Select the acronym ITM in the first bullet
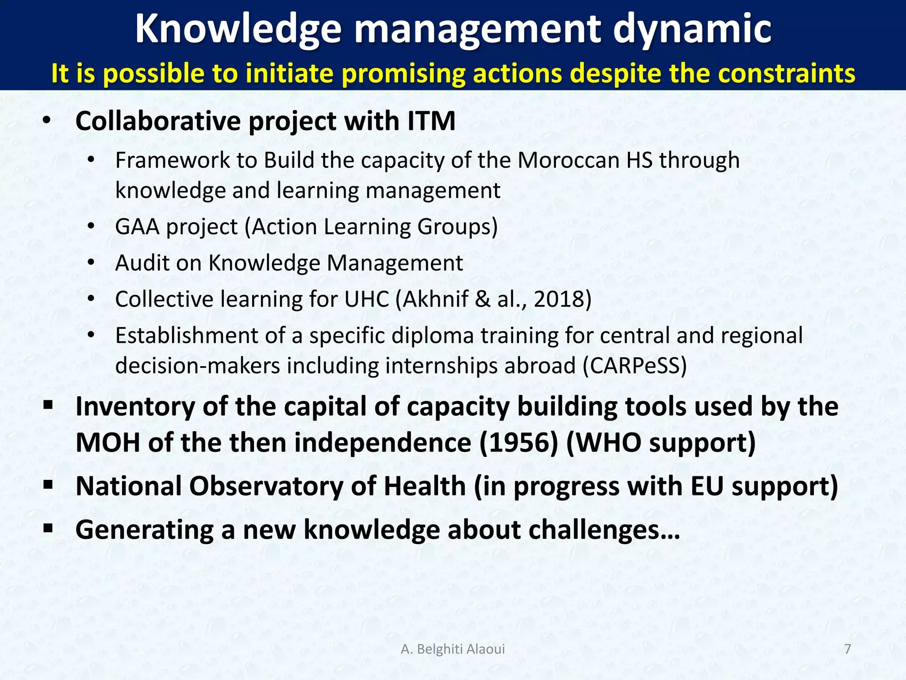tap(431, 121)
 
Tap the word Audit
tap(142, 263)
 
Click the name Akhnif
tap(436, 299)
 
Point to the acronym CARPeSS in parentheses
tap(634, 366)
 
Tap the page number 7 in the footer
tap(848, 649)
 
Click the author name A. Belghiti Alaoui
tap(453, 649)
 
